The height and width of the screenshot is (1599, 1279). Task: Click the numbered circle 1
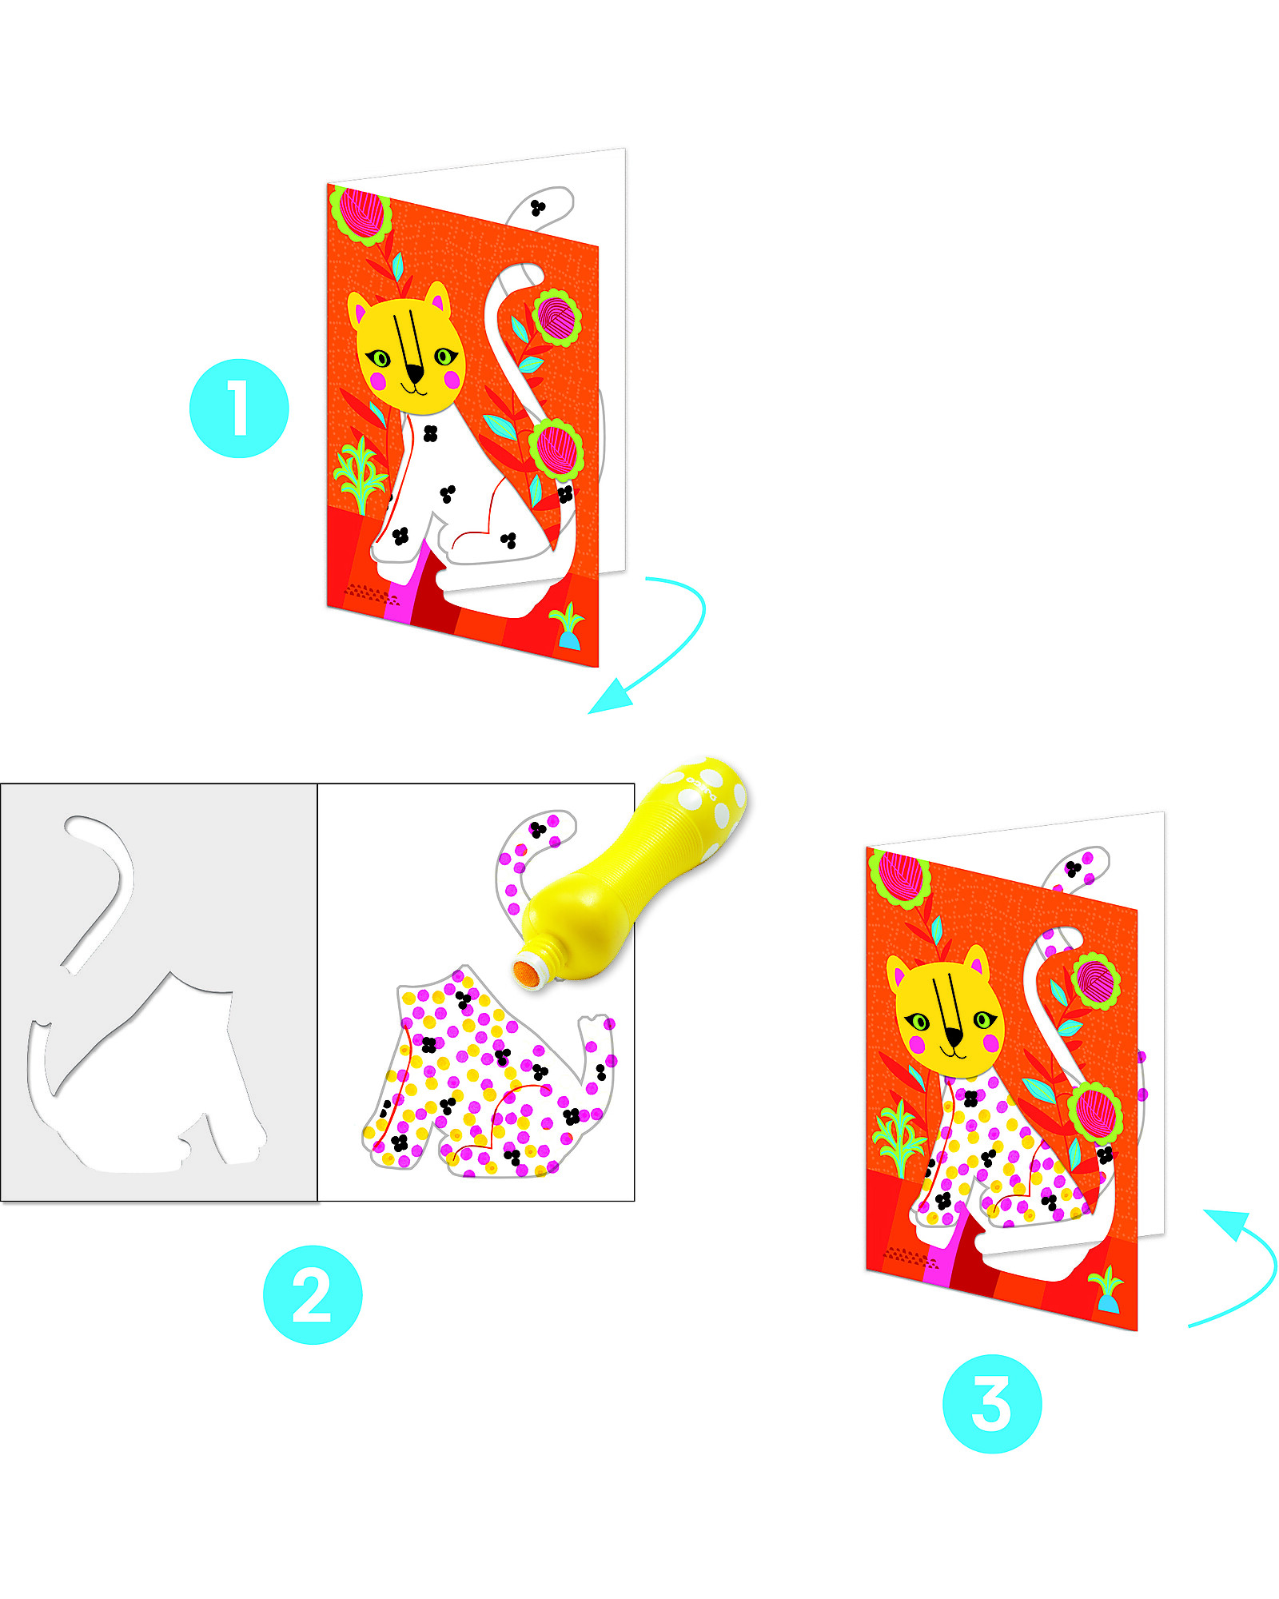click(x=239, y=409)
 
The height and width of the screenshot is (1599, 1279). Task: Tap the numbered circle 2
click(x=313, y=1294)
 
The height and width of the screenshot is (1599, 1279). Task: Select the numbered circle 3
click(x=992, y=1403)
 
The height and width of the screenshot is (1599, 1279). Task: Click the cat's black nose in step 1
click(x=414, y=373)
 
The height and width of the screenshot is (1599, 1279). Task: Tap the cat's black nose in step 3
click(x=954, y=1038)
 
